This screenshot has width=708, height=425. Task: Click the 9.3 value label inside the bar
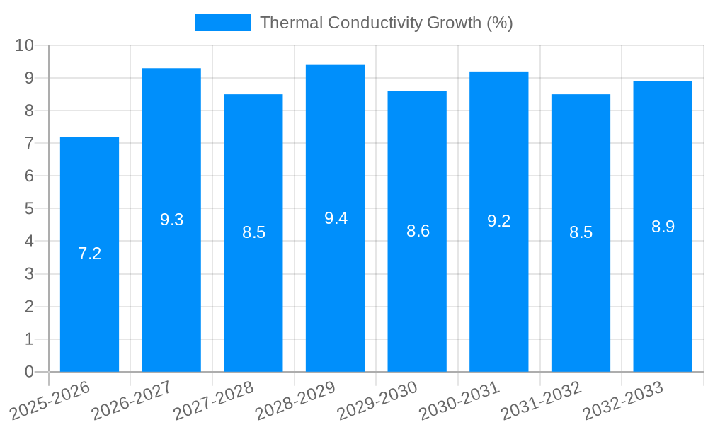[x=171, y=220]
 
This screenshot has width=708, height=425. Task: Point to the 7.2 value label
[x=89, y=254]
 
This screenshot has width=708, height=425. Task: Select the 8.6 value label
[x=418, y=231]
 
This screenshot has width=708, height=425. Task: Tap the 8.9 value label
[x=663, y=227]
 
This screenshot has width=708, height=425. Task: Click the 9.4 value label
[x=336, y=218]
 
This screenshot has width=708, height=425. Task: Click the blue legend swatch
[x=222, y=23]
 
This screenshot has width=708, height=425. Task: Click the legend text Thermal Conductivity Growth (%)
[x=386, y=23]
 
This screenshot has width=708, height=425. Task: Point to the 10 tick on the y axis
[x=25, y=45]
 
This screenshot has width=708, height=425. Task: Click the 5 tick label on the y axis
[x=29, y=209]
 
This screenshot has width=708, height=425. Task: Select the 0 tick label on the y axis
[x=29, y=372]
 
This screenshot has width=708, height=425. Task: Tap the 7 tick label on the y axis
[x=29, y=143]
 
